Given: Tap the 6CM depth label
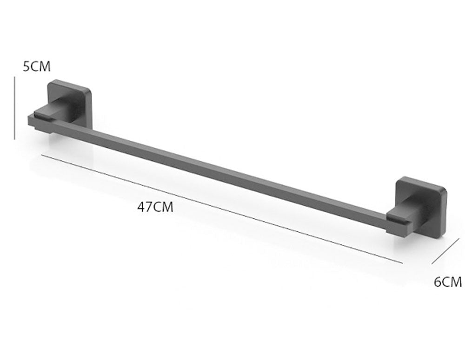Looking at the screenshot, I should point(448,281).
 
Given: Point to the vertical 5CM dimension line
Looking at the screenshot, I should point(15,108).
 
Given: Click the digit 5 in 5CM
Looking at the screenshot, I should point(27,66).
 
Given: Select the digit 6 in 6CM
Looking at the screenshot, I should point(438,281).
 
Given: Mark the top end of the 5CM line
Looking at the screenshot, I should point(15,78).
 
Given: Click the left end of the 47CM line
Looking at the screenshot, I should point(41,155).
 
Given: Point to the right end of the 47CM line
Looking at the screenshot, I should point(402,263).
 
